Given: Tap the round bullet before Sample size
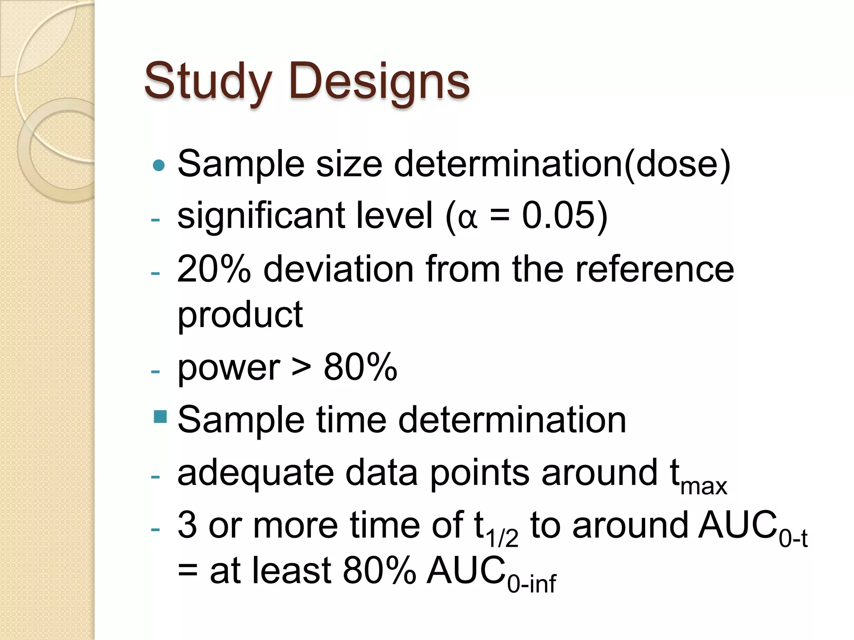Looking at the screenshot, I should (x=159, y=165).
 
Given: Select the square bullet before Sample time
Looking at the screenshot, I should (x=160, y=417).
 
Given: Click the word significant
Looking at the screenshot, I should (x=261, y=216).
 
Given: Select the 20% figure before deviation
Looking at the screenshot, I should (x=214, y=269).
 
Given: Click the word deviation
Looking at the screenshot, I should (x=338, y=269).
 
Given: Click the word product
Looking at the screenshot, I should (x=240, y=315).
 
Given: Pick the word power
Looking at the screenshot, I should (x=229, y=368).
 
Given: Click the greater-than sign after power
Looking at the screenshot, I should (x=301, y=368).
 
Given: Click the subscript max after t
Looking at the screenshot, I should (x=704, y=487).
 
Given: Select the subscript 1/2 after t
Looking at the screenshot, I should (x=502, y=538).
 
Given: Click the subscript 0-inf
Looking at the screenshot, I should (x=532, y=584).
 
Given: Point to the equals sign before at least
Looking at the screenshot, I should (x=188, y=571).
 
